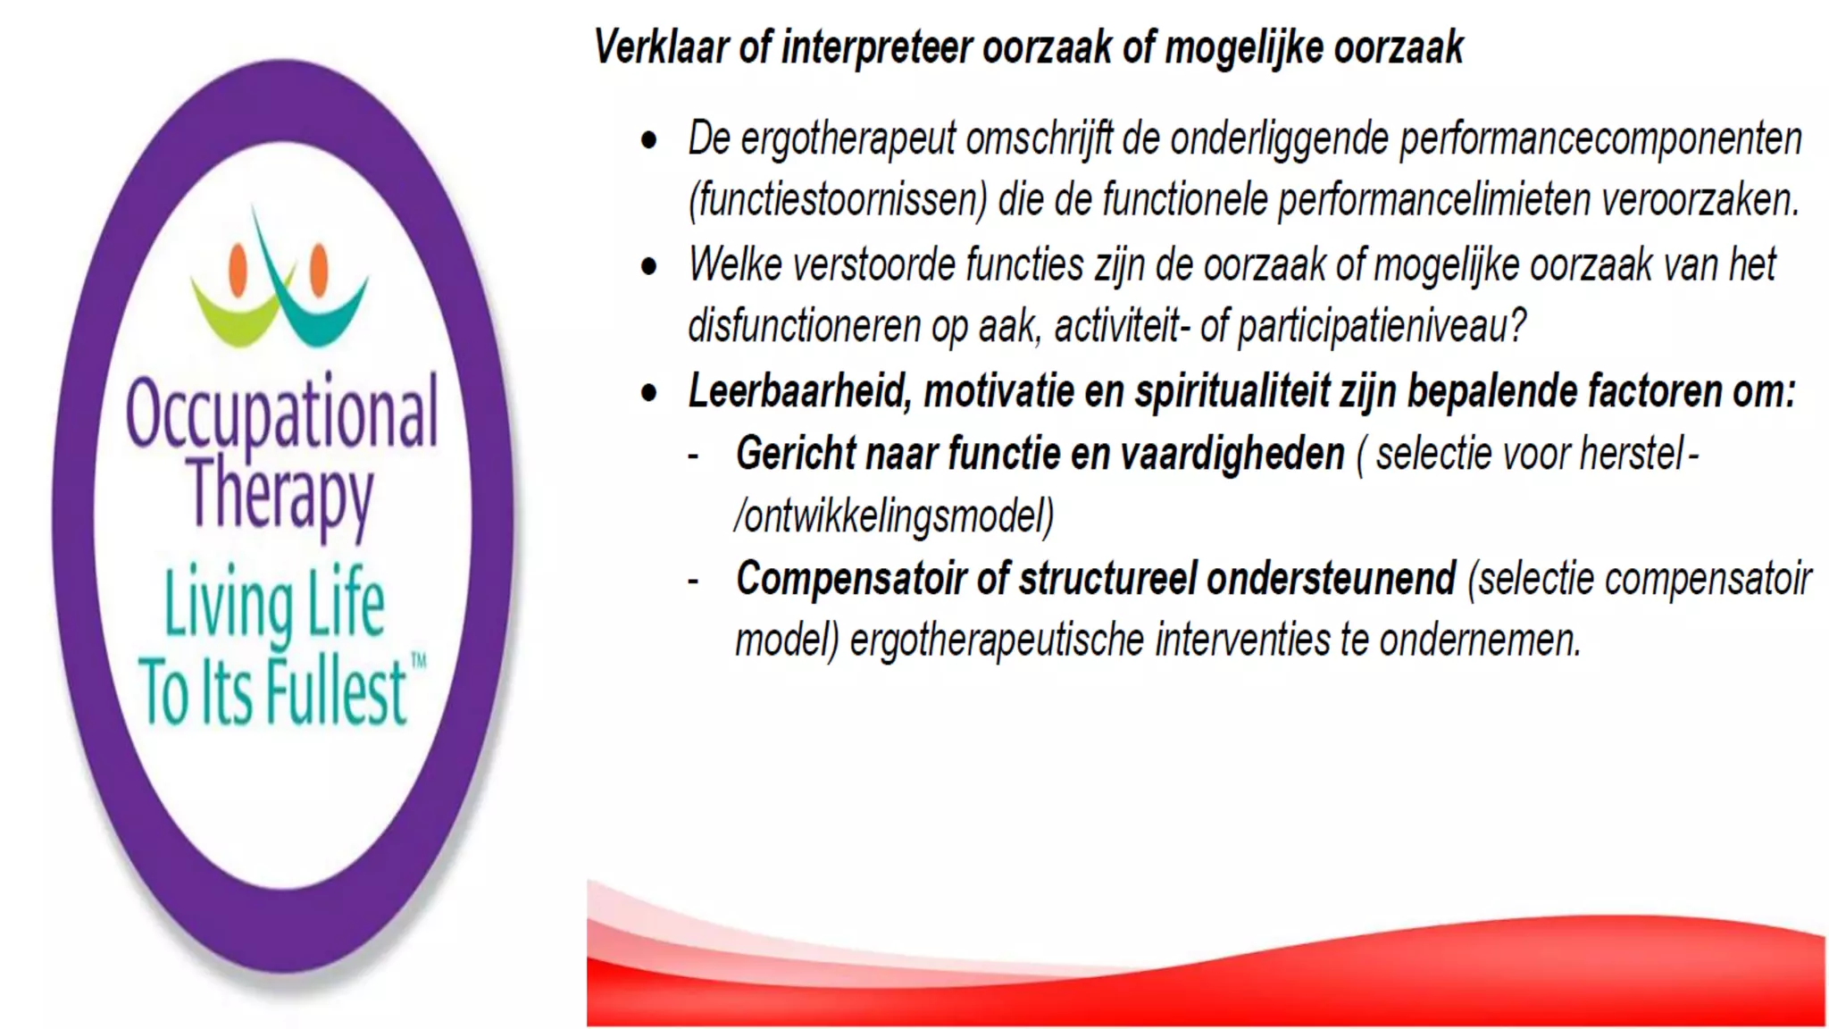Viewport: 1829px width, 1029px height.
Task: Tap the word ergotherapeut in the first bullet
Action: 848,140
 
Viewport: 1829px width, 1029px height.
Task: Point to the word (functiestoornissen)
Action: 838,201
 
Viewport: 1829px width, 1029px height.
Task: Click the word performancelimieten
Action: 1434,201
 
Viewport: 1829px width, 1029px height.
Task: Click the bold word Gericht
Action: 794,455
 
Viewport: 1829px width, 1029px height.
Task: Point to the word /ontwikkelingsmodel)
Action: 894,516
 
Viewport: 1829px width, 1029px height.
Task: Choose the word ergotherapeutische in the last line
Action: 997,640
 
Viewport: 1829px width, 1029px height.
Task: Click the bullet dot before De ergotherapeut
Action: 649,141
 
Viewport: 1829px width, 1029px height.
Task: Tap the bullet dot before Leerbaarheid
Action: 649,394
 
